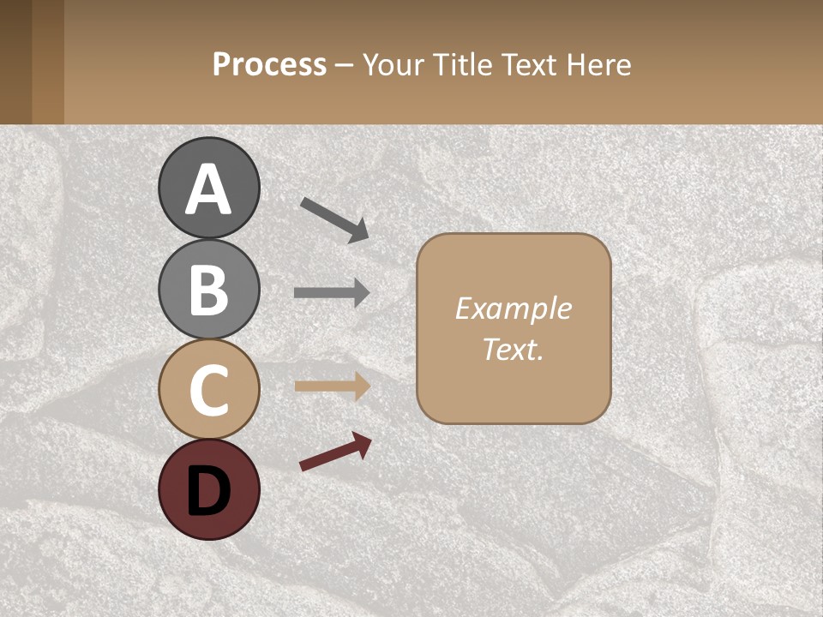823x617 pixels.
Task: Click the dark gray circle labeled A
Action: tap(208, 188)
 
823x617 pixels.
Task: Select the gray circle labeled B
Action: tap(208, 288)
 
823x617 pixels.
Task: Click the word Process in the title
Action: tap(269, 64)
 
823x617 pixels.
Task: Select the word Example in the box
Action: tap(513, 308)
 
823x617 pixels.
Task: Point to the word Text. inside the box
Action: tap(513, 350)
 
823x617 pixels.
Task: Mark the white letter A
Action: tap(208, 189)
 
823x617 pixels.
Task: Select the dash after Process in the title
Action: tap(344, 65)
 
